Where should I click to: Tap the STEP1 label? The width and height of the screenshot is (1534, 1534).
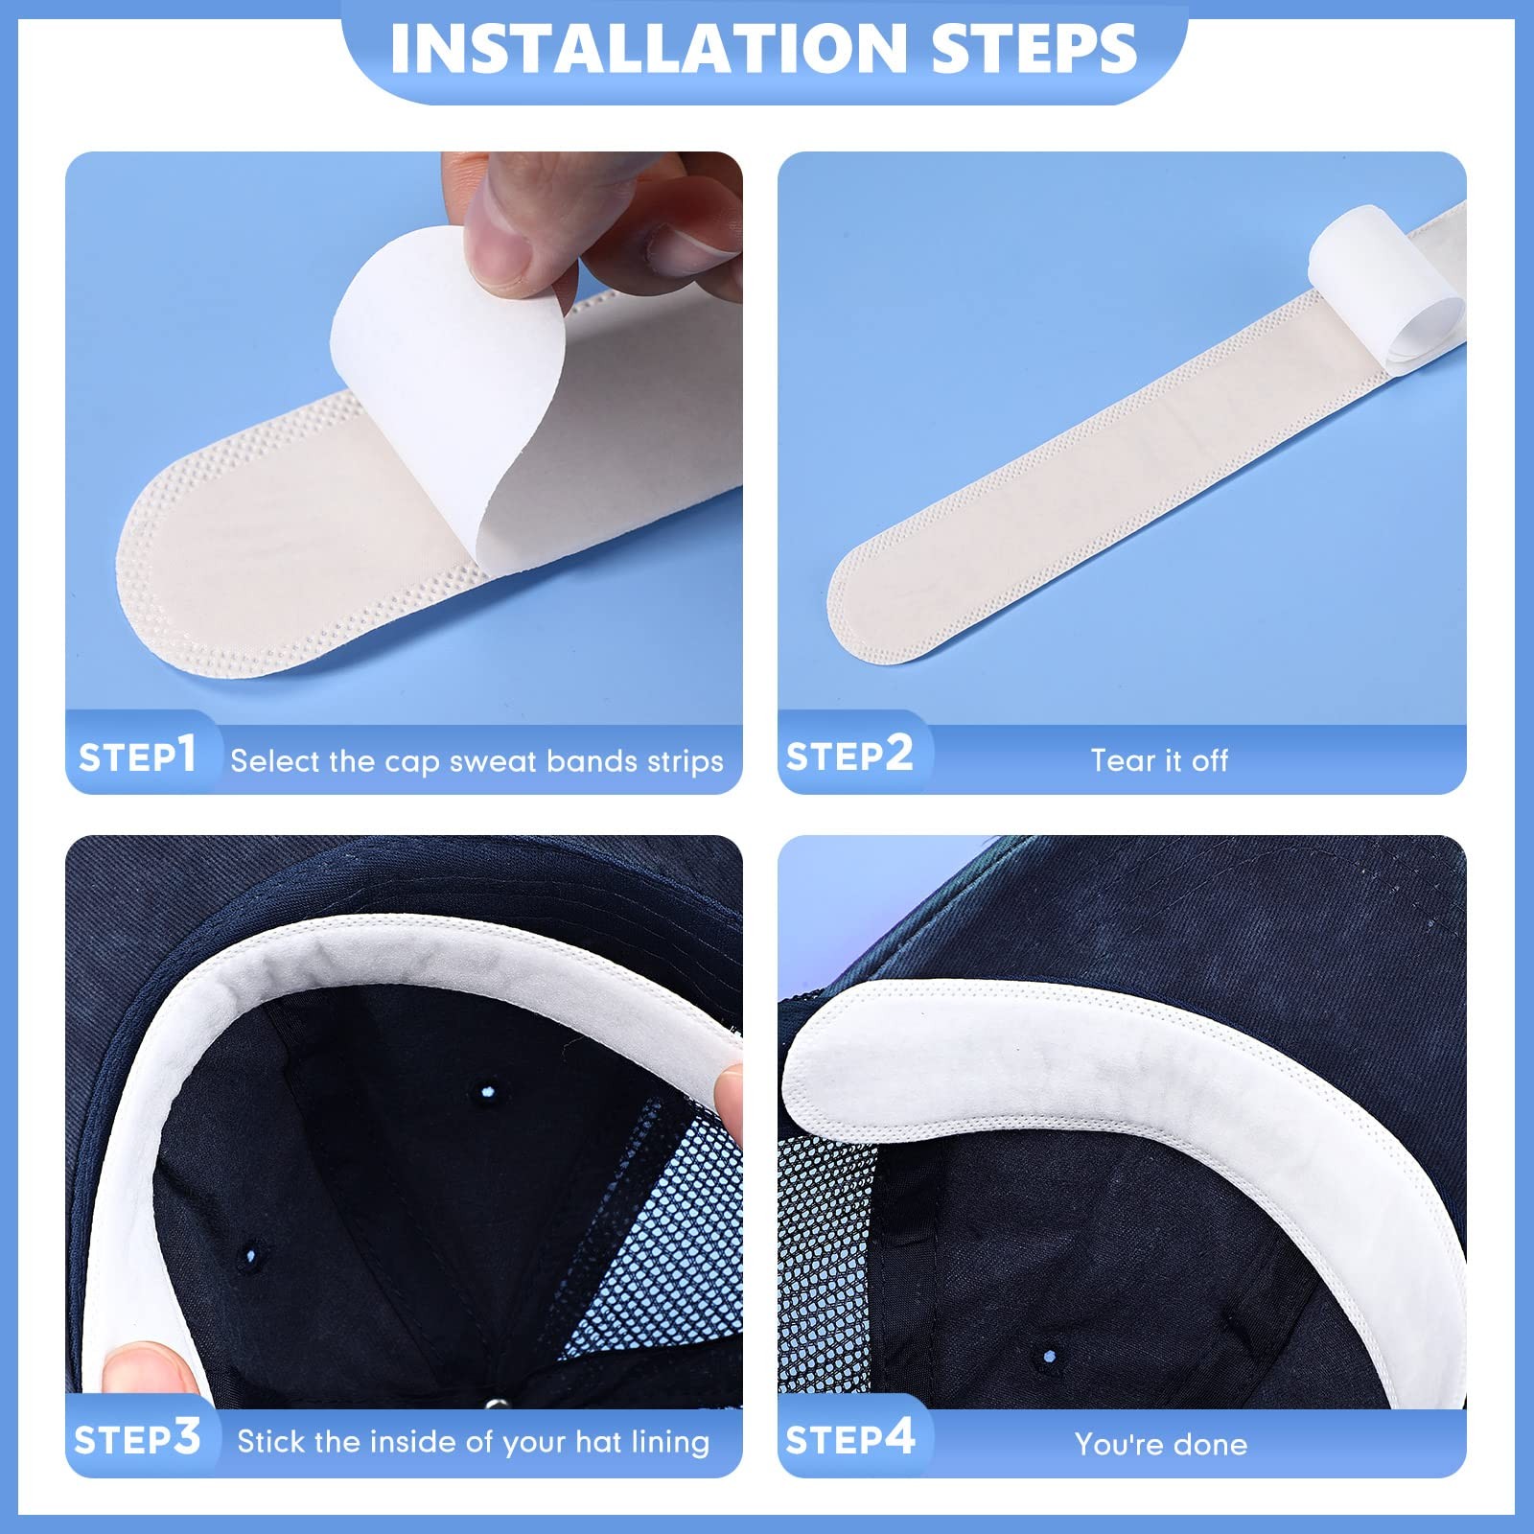point(137,755)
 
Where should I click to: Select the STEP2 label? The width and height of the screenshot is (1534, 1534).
point(848,755)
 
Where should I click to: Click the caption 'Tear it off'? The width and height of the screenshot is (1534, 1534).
point(1159,760)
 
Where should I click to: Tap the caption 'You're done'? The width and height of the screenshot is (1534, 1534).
point(1160,1444)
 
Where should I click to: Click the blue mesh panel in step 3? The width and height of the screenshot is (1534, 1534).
point(662,1246)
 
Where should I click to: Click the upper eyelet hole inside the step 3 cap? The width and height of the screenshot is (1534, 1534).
point(487,1091)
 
